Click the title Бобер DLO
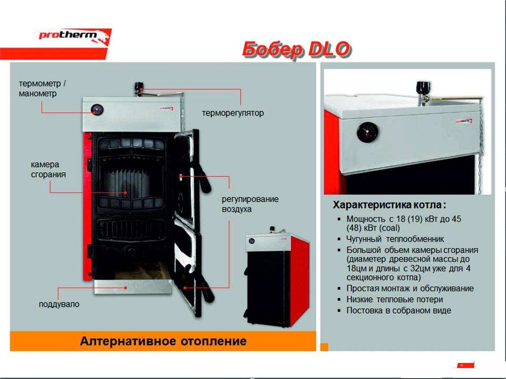[x=296, y=49]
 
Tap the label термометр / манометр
[x=42, y=89]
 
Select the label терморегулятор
[x=233, y=113]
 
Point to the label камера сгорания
[x=49, y=169]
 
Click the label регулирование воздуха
[x=250, y=204]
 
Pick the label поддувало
[x=59, y=304]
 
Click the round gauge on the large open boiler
[x=97, y=110]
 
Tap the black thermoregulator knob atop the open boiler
[x=139, y=87]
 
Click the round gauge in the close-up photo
[x=368, y=133]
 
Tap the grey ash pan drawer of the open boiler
[x=133, y=287]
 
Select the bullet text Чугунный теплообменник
[x=395, y=239]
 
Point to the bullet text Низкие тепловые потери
[x=394, y=299]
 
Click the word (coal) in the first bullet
[x=390, y=228]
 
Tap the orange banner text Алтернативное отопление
[x=163, y=341]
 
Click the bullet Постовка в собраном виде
[x=399, y=310]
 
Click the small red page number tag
[x=466, y=365]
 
